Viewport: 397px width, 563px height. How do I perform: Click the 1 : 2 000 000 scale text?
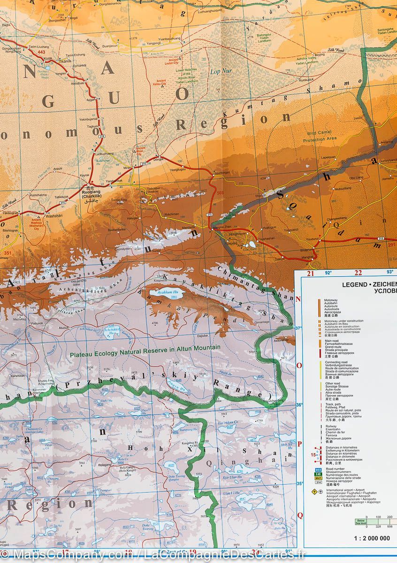pos(370,538)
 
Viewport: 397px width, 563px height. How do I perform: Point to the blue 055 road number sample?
pos(318,470)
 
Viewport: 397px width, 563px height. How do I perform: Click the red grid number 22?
pos(359,273)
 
